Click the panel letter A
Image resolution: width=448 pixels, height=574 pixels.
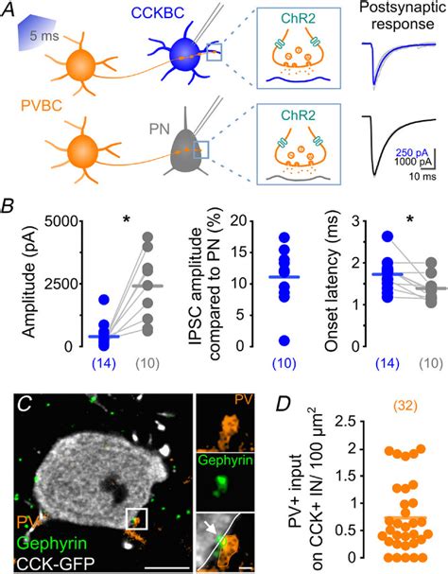[10, 9]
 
